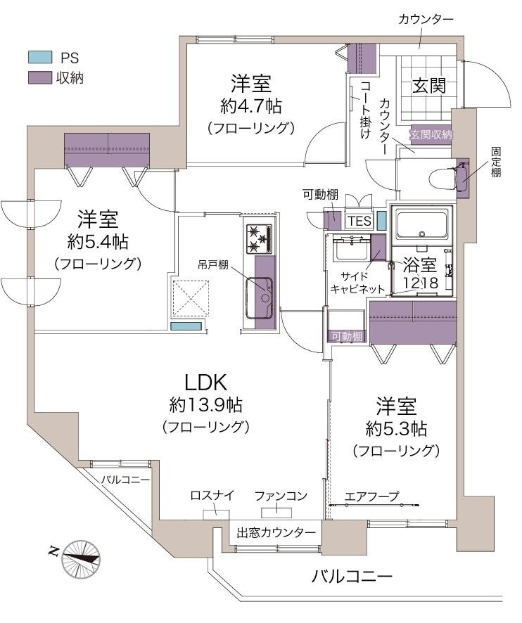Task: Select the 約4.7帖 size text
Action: [250, 106]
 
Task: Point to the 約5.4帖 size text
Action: [98, 241]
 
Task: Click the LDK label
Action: [205, 382]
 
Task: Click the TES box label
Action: [359, 221]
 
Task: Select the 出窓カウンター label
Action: [276, 532]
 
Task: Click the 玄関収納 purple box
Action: [431, 134]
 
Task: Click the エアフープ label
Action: [371, 496]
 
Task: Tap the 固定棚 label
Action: [496, 161]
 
